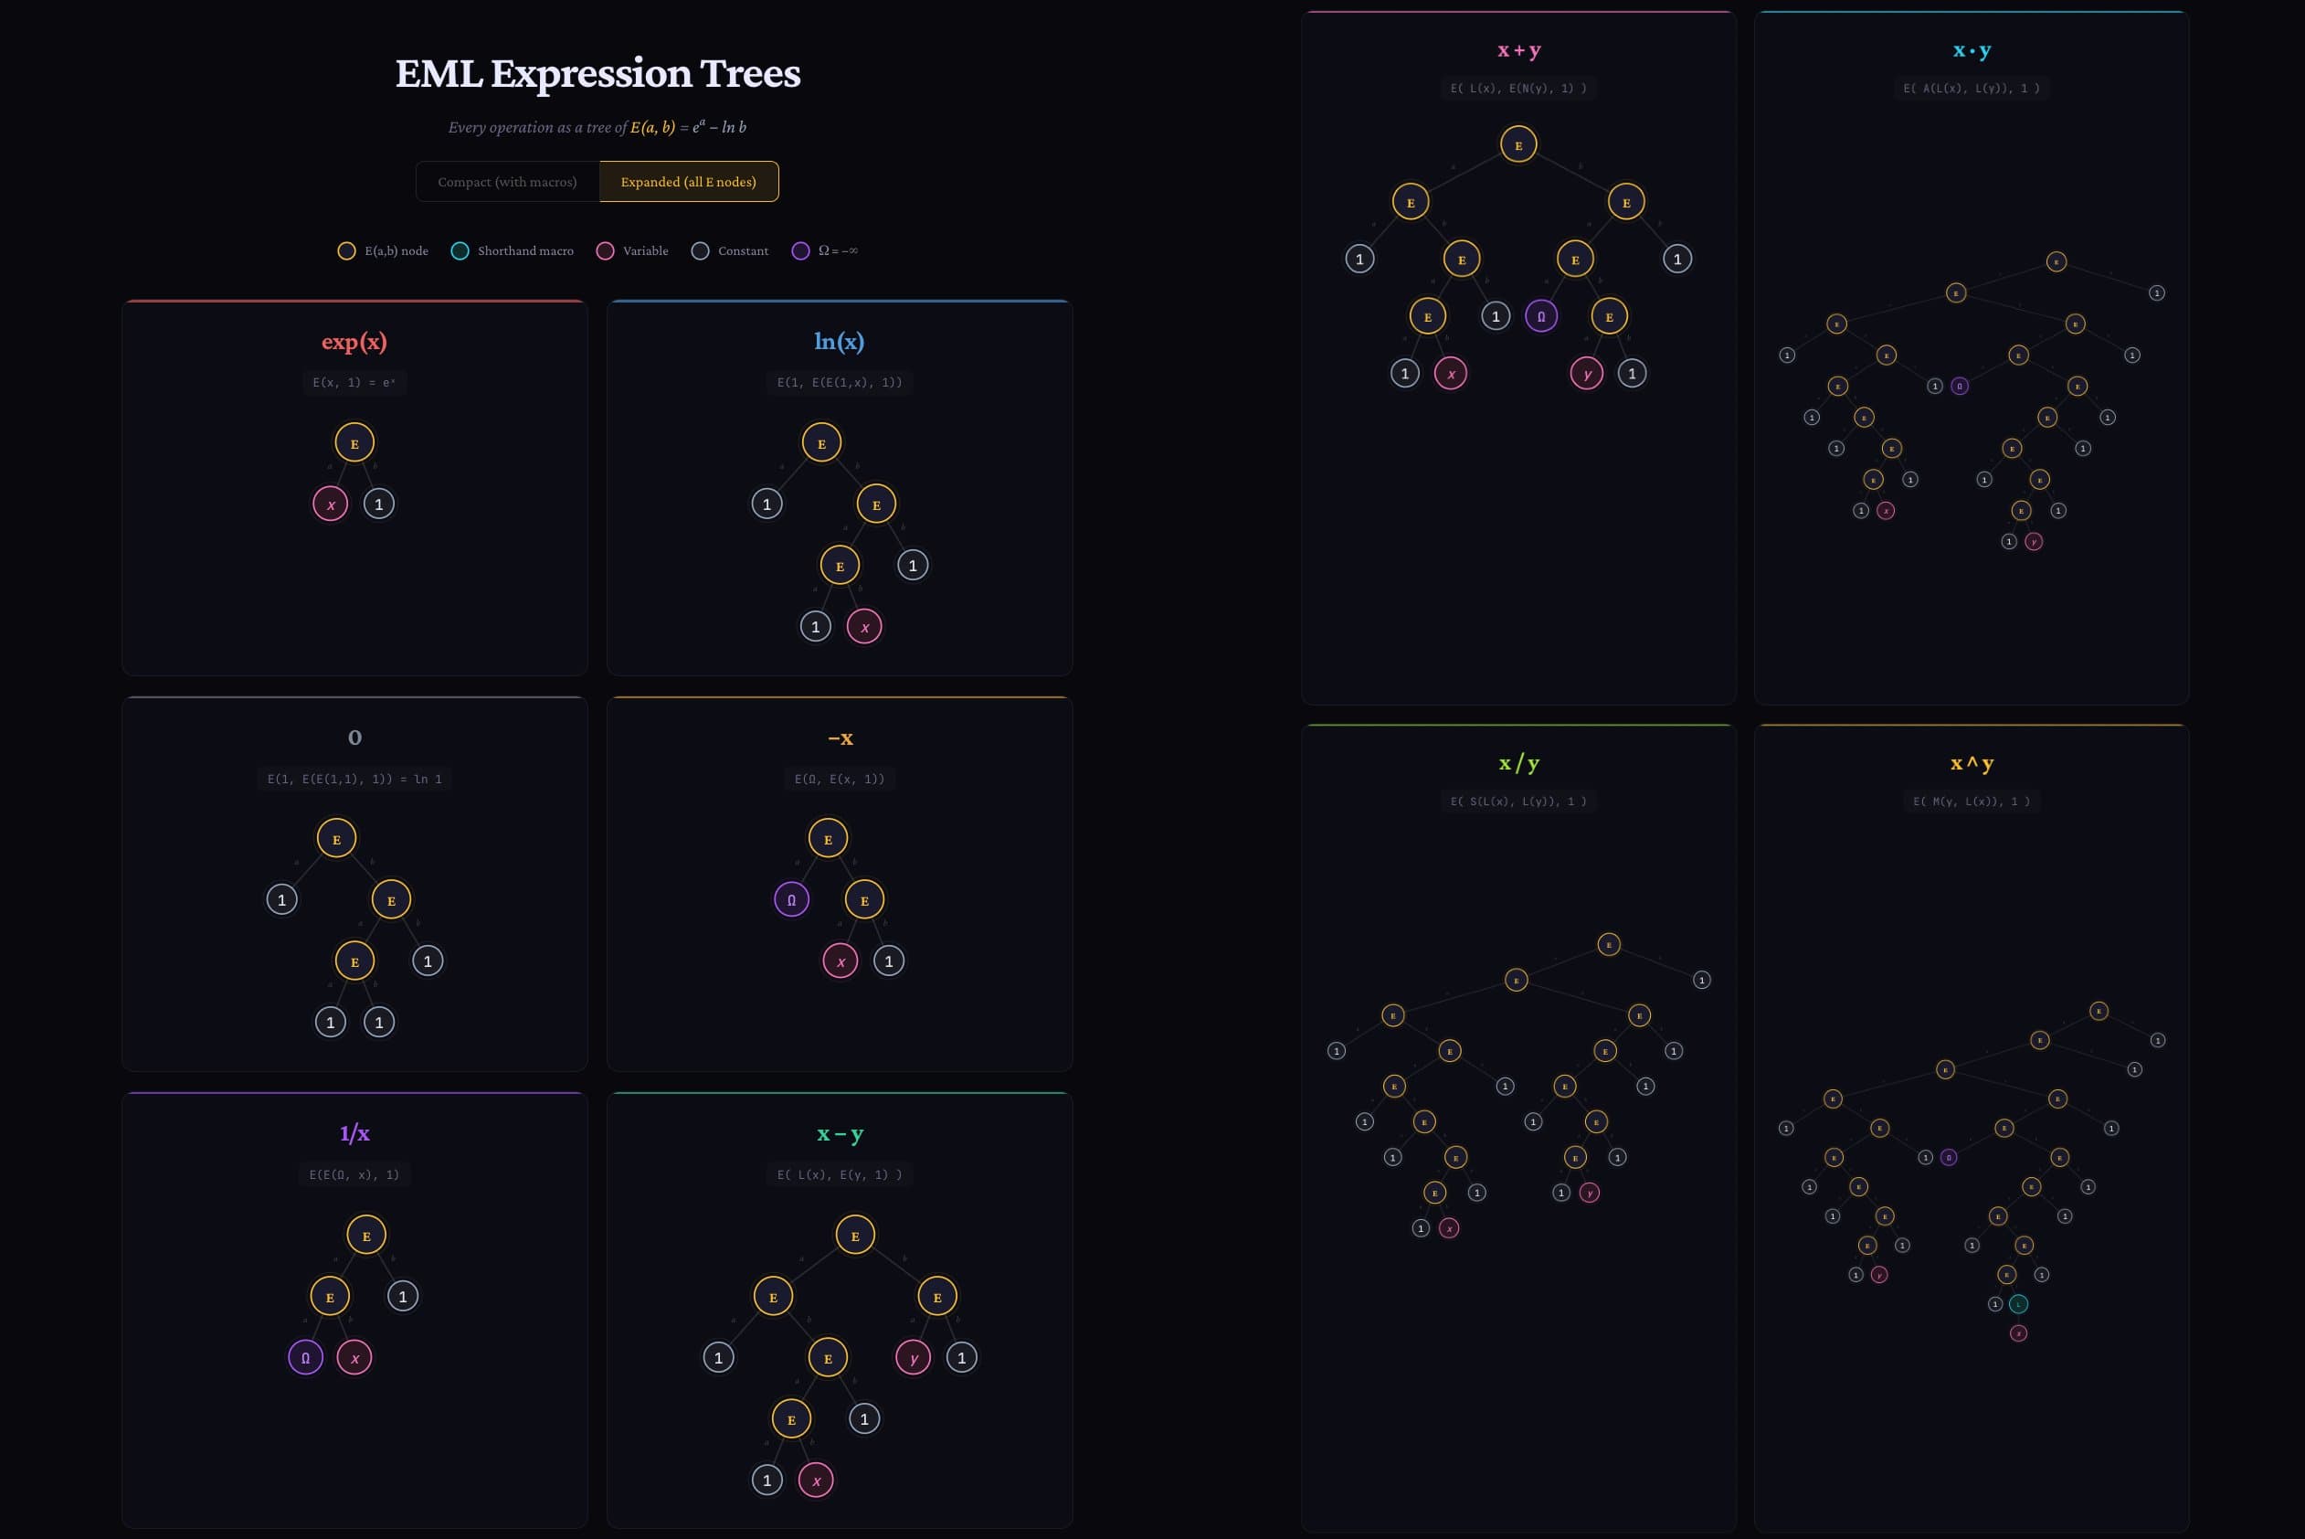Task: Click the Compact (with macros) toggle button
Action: (x=507, y=182)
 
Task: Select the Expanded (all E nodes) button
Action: (x=688, y=182)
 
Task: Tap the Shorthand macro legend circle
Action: (x=460, y=251)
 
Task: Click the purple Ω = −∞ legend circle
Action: (x=800, y=251)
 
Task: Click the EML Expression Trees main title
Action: (x=597, y=74)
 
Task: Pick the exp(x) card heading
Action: (x=354, y=342)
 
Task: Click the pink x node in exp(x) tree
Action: (x=331, y=504)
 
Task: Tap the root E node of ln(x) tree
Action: (x=821, y=442)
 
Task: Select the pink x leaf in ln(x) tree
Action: (x=864, y=627)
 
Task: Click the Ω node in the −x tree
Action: (x=792, y=900)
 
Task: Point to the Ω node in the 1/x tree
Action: (x=305, y=1358)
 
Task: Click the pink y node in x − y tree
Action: (x=914, y=1358)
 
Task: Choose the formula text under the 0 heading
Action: (x=354, y=780)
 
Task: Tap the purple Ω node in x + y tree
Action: (x=1541, y=316)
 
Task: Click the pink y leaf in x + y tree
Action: (x=1587, y=374)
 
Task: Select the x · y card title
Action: (x=1972, y=50)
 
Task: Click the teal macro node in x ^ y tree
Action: (x=2018, y=1304)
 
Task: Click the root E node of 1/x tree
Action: (x=366, y=1236)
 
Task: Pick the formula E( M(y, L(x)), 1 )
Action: (x=1972, y=801)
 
